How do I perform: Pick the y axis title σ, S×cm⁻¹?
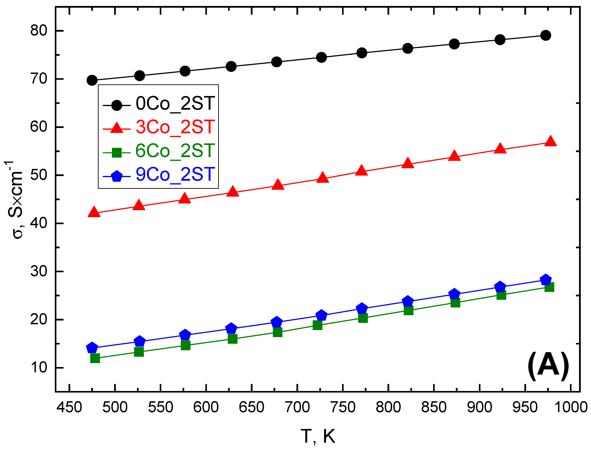coord(15,199)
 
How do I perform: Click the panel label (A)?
coord(548,366)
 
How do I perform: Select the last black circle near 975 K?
coord(545,35)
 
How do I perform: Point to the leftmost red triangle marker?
coord(94,212)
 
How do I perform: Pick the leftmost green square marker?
coord(95,358)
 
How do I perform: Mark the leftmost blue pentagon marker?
coord(92,348)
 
